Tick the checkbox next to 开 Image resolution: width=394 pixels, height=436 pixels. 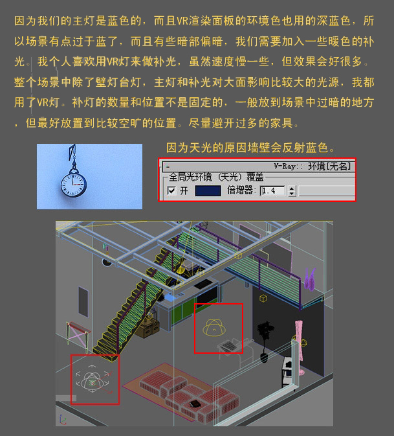[x=171, y=190]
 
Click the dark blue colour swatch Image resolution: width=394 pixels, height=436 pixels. [x=208, y=190]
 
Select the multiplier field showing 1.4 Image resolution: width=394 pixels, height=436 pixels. [x=272, y=190]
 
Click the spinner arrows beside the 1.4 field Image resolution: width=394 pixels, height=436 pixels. [x=292, y=190]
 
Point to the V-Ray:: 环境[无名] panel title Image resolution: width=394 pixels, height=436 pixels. [x=312, y=166]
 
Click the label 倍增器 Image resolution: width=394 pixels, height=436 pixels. [x=241, y=190]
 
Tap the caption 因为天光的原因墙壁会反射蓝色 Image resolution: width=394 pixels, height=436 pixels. [x=250, y=148]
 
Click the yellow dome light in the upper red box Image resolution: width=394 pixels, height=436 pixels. [x=214, y=327]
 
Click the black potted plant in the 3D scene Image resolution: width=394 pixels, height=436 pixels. [x=265, y=341]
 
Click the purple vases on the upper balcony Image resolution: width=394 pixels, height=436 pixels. [x=310, y=279]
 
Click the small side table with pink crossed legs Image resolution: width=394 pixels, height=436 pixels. [x=78, y=335]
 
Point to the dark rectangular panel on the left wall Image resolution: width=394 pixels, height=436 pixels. [x=83, y=302]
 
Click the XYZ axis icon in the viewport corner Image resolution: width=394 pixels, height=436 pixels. [x=63, y=420]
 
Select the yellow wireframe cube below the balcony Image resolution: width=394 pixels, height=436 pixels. [x=263, y=299]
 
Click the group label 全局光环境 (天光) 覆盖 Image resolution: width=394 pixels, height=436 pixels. [x=216, y=177]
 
